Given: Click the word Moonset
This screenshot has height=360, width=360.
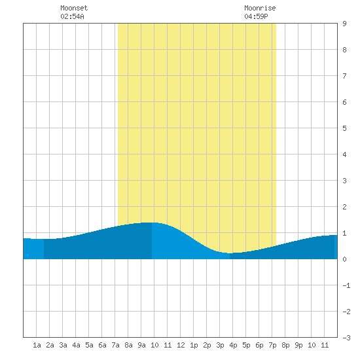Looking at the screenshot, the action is (74, 8).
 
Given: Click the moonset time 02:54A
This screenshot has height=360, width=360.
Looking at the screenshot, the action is (72, 16).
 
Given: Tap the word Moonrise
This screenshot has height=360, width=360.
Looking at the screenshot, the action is (260, 8).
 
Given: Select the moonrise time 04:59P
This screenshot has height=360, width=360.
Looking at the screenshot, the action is (256, 16).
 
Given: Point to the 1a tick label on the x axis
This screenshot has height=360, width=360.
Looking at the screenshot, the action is (37, 345).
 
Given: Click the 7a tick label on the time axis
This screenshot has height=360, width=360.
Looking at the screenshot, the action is (115, 345).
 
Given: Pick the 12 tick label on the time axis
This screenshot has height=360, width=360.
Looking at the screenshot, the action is (181, 345).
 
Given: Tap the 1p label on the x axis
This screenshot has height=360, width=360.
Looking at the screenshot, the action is (194, 345).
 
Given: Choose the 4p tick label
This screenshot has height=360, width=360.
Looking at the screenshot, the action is (233, 345).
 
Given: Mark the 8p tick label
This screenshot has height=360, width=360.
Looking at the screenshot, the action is (285, 345).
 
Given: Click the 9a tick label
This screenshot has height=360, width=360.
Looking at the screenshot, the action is (141, 345).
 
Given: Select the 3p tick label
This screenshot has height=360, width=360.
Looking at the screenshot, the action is (220, 345).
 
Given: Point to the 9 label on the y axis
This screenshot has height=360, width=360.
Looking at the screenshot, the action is (344, 24).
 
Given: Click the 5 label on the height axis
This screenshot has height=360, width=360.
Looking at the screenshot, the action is (344, 128).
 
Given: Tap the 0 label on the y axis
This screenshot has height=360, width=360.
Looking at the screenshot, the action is (344, 259).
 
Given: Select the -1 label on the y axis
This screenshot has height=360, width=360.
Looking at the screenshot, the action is (346, 285).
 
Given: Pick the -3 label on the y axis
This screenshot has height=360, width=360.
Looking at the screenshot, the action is (346, 338).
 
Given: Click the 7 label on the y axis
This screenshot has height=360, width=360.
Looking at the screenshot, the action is (344, 76).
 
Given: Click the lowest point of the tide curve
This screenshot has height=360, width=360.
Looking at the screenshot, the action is (230, 253).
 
